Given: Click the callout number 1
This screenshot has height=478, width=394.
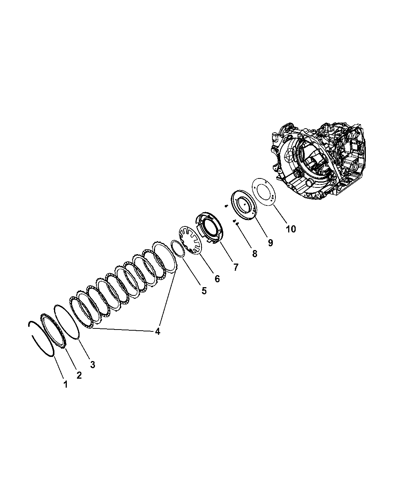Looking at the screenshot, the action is click(66, 384).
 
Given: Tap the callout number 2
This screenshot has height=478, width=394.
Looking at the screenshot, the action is click(79, 375).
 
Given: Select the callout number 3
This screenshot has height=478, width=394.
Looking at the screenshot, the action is click(93, 365).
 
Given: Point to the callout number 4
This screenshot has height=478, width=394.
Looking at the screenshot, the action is click(157, 331).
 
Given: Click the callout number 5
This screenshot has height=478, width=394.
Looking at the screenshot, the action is click(204, 291).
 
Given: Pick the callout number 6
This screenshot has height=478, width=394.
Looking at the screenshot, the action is click(217, 279).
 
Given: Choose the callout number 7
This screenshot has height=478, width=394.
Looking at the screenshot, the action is click(236, 267).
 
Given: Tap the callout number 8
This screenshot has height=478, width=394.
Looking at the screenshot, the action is click(254, 254).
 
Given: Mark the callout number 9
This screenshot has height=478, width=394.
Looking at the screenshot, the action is click(271, 243).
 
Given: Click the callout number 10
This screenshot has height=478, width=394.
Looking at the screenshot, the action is click(291, 229).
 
